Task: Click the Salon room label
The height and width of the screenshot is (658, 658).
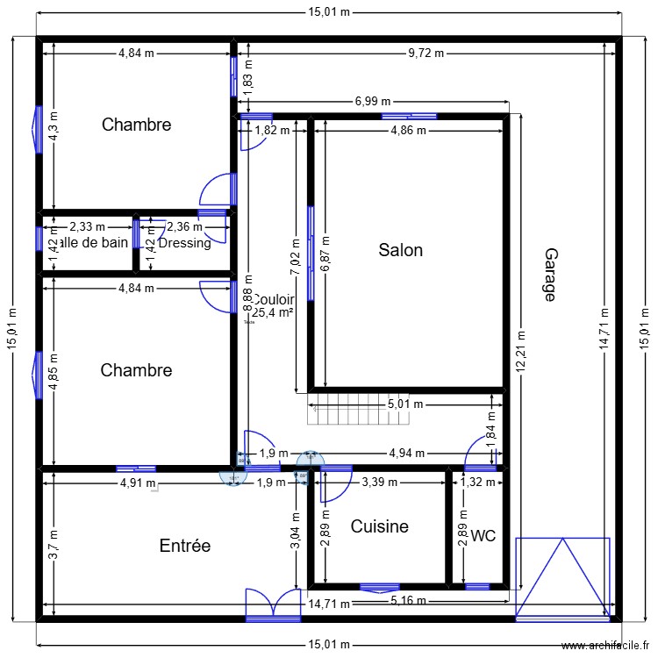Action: click(x=400, y=250)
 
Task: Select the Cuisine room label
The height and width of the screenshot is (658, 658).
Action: click(x=379, y=526)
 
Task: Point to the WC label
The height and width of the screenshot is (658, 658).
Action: click(x=483, y=535)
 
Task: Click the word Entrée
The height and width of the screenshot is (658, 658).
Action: click(x=184, y=546)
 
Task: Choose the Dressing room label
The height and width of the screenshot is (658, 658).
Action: click(x=184, y=243)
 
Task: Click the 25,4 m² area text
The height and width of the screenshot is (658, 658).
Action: click(x=273, y=311)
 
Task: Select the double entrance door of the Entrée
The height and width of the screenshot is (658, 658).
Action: click(x=273, y=603)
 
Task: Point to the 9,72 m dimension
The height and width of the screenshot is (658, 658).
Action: click(x=426, y=53)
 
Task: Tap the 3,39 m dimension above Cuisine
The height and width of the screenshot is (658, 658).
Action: click(x=380, y=482)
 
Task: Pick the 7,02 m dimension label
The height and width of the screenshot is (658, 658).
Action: click(x=296, y=256)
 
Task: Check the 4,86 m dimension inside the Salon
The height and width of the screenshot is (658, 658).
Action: click(x=408, y=131)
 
